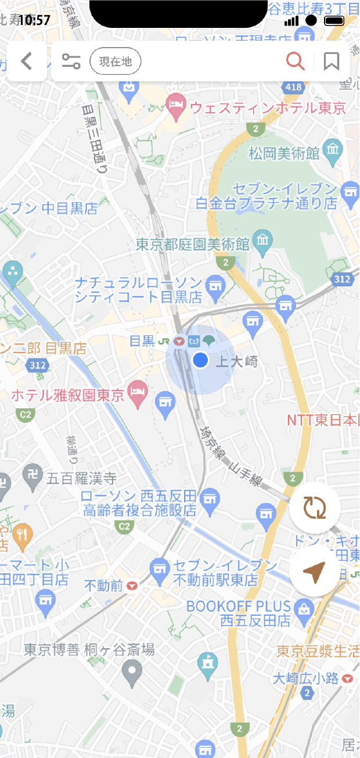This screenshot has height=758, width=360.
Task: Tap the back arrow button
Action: (27, 61)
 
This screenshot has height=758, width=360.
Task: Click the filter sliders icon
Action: (71, 61)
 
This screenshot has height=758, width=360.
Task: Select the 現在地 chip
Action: (116, 62)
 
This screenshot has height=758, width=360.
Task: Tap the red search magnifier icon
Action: (295, 61)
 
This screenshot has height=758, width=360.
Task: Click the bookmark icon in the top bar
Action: (332, 61)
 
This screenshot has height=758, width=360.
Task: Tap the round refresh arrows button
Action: (315, 508)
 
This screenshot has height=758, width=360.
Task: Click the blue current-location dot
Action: (200, 360)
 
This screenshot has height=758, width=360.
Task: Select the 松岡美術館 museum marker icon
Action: (333, 150)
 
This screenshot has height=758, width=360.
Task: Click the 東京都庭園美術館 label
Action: (193, 243)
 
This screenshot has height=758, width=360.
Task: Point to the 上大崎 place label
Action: (236, 361)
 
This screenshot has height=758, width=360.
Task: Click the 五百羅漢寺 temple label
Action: (82, 479)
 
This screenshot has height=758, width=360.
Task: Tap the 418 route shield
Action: (294, 87)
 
